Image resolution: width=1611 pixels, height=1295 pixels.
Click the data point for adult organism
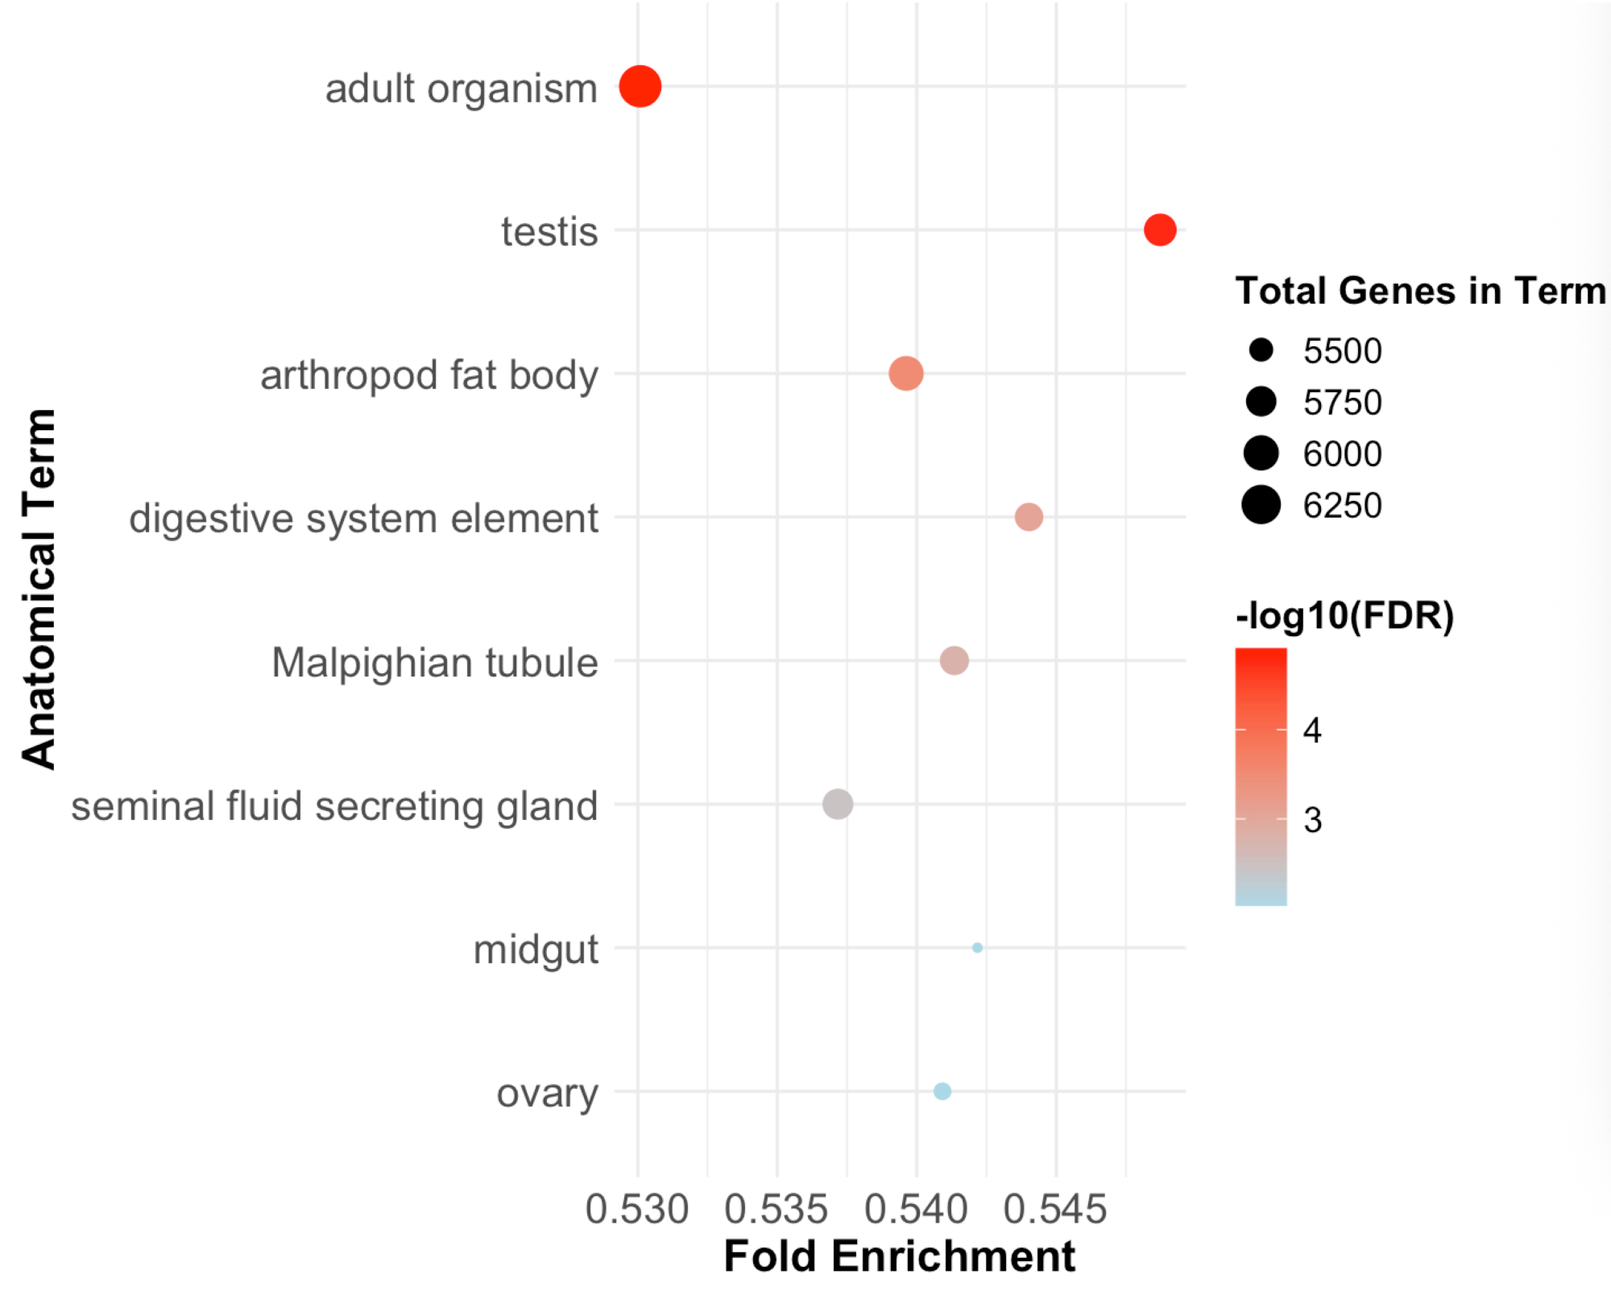[640, 86]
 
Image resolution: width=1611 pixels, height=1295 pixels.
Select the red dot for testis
[1160, 230]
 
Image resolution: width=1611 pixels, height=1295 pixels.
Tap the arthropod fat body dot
[906, 374]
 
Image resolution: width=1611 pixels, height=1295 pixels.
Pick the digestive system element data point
[1029, 517]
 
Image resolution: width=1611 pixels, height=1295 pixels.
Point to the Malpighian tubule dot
[955, 660]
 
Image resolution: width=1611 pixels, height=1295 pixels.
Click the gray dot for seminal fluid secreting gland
[838, 804]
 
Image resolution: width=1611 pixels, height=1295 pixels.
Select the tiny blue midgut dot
[977, 948]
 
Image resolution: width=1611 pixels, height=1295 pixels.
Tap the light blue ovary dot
[942, 1091]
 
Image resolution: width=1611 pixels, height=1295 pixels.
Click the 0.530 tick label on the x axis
[637, 1209]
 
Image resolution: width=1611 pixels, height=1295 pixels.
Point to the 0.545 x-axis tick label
[1055, 1209]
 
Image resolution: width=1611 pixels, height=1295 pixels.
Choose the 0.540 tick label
[916, 1209]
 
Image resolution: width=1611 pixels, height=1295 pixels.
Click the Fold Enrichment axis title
[899, 1256]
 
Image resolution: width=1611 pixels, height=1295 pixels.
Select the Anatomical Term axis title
[39, 589]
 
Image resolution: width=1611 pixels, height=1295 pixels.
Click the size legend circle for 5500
[1261, 350]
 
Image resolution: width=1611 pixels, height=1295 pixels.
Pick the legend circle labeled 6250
[1261, 505]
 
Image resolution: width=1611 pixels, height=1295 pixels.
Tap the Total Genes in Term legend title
[1420, 291]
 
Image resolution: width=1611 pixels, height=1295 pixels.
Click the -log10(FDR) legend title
[1344, 616]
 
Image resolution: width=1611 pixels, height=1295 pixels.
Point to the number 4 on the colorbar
[1312, 730]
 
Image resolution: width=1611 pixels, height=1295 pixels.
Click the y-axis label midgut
[536, 950]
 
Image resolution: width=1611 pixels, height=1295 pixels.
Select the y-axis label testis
[549, 232]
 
